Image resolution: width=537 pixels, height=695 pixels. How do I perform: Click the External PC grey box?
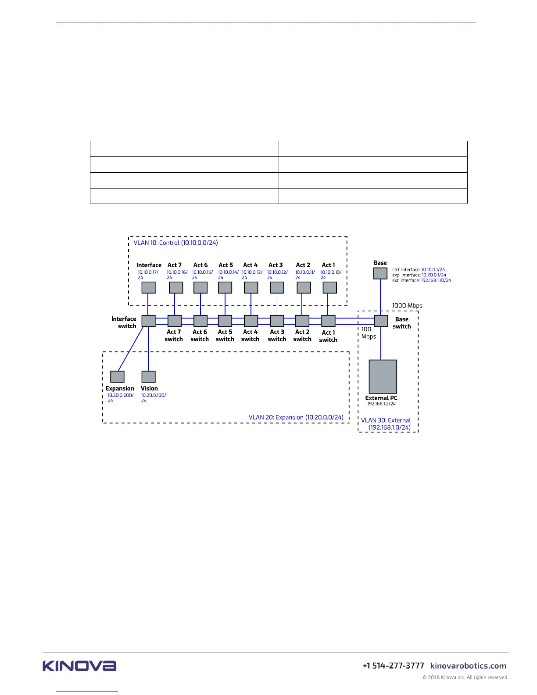pos(383,376)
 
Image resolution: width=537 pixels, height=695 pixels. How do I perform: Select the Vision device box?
pos(148,376)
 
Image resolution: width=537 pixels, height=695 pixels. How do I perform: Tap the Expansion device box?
pos(117,376)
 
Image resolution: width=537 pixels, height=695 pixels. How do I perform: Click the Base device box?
pos(380,273)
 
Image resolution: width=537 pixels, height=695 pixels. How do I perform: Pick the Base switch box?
pos(381,321)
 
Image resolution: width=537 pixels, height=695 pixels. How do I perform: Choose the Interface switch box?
pos(148,321)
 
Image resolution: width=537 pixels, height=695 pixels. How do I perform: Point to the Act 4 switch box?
pos(251,321)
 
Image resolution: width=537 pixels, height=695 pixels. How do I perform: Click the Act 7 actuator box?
pos(175,287)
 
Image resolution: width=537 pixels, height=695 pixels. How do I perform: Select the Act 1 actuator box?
pos(329,287)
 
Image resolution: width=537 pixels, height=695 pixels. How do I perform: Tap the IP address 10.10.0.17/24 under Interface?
pos(147,275)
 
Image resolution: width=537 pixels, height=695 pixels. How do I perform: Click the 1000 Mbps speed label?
pos(407,305)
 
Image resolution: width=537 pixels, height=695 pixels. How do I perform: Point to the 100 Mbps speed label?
pos(368,333)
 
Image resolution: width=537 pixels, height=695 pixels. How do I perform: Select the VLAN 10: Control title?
pos(175,243)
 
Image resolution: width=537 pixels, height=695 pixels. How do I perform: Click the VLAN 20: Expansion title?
pos(296,417)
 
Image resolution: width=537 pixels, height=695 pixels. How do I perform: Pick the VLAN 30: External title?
pos(386,423)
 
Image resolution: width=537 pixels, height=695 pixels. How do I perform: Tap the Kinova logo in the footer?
pos(79,666)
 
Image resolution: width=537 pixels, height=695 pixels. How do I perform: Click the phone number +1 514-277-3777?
pos(393,666)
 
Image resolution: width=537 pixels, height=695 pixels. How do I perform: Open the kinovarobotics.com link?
pos(468,666)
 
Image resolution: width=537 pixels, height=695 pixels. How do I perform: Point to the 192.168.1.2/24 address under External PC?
pos(381,404)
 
